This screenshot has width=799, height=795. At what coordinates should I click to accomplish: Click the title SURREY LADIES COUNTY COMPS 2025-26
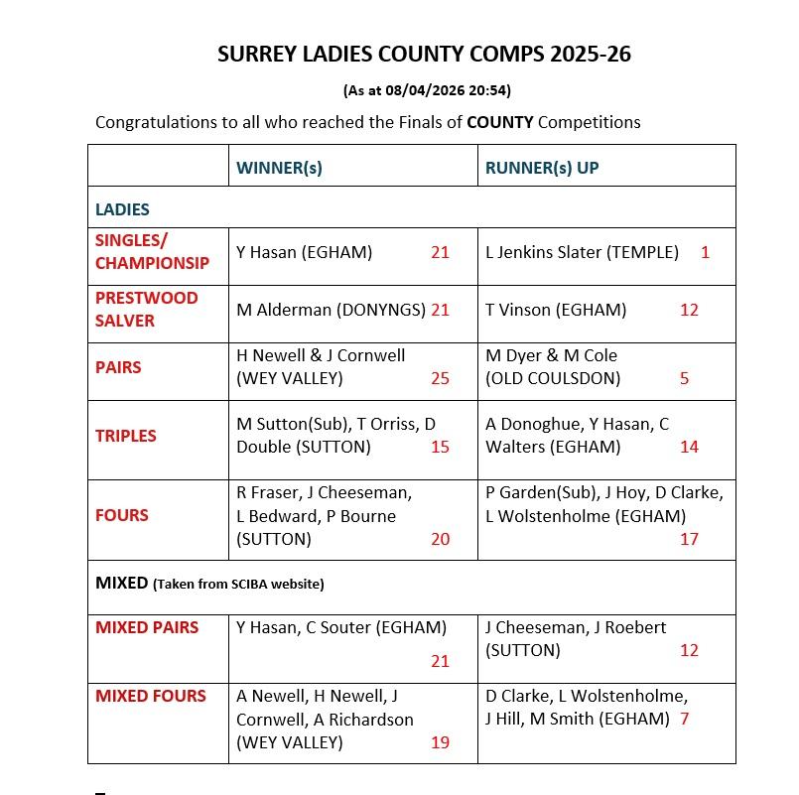424,55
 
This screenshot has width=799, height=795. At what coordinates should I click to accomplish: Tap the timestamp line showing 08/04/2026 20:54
427,90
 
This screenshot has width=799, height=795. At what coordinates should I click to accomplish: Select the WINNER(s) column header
279,168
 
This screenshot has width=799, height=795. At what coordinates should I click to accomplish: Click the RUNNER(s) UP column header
542,168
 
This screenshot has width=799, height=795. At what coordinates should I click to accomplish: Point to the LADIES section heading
122,209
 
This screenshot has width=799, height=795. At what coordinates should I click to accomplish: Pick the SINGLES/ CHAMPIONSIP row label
152,252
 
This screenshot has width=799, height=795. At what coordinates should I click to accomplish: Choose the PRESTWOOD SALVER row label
146,310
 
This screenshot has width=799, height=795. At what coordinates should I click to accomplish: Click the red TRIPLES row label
126,436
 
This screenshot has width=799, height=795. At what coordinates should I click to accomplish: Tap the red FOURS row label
122,515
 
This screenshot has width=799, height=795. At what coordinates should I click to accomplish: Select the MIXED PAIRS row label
147,627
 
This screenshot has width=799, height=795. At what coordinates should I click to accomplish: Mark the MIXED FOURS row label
150,696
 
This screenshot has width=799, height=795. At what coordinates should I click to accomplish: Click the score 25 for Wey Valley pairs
440,378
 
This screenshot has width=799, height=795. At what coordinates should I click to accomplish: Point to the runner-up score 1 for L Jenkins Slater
705,252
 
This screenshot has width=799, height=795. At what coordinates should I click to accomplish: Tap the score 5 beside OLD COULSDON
684,378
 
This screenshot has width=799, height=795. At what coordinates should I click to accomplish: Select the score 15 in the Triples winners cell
440,447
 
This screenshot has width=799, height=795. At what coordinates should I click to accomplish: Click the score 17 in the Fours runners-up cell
689,539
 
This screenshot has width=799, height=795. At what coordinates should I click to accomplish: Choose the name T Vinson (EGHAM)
556,310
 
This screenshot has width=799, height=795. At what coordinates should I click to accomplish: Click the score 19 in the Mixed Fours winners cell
440,742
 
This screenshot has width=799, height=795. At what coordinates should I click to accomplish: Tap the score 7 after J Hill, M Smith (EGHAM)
685,719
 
